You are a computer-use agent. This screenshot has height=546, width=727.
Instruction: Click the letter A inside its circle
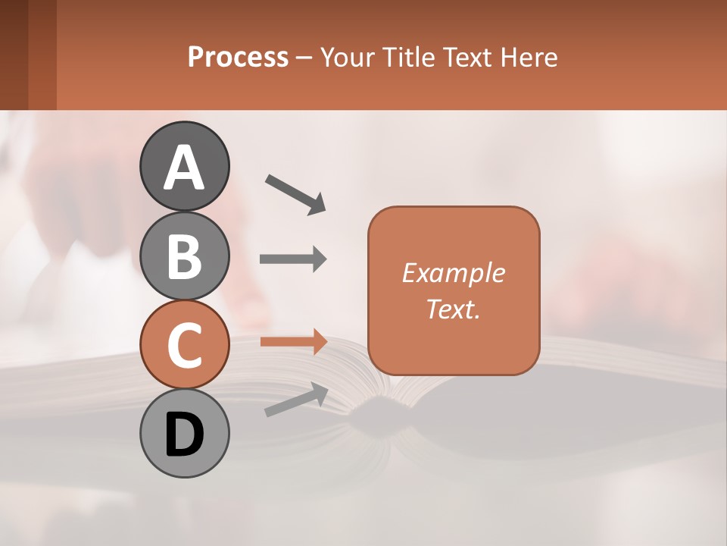(x=184, y=168)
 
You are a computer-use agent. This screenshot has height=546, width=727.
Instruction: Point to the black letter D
(x=184, y=435)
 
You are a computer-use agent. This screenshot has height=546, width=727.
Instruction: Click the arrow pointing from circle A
(x=295, y=193)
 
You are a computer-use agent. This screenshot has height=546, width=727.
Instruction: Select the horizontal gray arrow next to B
(x=293, y=259)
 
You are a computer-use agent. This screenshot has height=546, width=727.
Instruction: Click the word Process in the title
(x=238, y=57)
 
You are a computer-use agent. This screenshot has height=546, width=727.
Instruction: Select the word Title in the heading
(x=409, y=57)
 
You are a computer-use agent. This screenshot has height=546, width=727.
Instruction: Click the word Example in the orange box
(x=453, y=273)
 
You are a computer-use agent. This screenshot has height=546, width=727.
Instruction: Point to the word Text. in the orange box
(x=453, y=309)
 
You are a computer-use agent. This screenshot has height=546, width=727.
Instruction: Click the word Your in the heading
(x=347, y=57)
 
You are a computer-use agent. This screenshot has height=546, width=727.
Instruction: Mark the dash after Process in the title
(x=304, y=58)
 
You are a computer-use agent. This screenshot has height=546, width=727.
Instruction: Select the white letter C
(x=184, y=346)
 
